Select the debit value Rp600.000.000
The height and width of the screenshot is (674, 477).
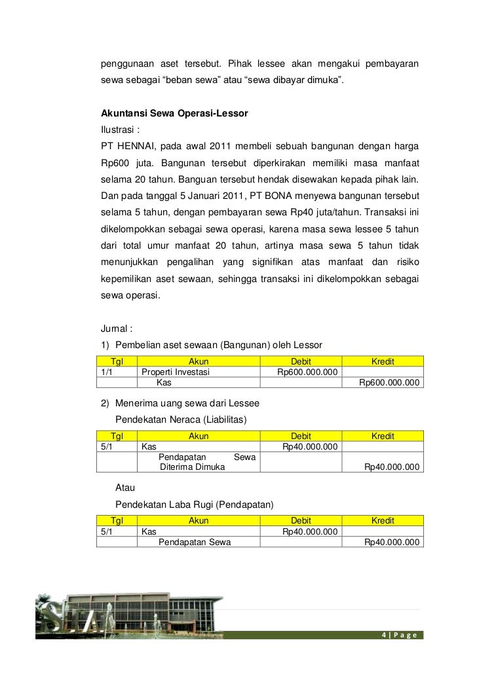point(307,372)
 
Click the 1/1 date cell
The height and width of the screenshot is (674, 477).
point(107,372)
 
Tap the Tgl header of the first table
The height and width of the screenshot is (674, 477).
point(117,361)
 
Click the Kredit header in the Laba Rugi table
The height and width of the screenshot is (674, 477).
point(383,521)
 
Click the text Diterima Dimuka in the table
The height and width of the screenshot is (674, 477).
point(193,467)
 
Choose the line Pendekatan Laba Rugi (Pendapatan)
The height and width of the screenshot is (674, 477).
point(194,504)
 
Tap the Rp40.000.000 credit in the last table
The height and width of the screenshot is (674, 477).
point(391,542)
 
